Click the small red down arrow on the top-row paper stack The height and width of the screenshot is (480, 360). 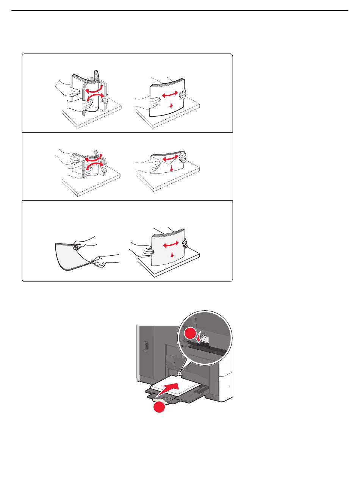[171, 105]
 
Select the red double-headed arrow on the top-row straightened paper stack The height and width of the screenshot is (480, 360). [170, 94]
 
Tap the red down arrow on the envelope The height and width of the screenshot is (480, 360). [172, 168]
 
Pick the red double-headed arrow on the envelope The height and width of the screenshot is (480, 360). [170, 158]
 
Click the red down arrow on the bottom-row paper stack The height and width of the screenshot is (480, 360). [172, 254]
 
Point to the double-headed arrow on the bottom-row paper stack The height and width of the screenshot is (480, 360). [171, 244]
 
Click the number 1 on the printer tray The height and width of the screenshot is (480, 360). [229, 386]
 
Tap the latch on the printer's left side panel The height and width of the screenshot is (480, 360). [147, 346]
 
